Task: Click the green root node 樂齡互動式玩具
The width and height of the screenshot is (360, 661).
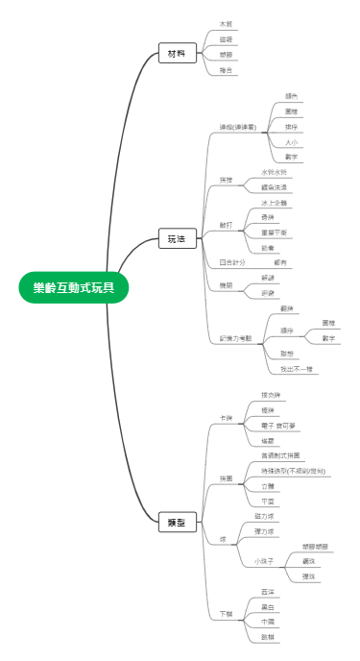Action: click(x=73, y=287)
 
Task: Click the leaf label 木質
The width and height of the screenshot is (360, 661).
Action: click(x=226, y=23)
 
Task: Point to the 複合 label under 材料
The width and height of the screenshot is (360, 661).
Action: click(x=226, y=70)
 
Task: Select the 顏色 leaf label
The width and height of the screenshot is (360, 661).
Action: click(x=291, y=96)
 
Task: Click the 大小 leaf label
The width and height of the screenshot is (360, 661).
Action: click(x=291, y=141)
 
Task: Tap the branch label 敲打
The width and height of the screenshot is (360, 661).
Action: click(x=226, y=224)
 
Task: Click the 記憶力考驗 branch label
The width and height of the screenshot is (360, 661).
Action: click(x=235, y=337)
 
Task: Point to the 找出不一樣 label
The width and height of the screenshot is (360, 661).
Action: click(x=297, y=369)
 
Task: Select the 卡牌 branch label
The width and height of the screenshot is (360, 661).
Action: click(x=226, y=417)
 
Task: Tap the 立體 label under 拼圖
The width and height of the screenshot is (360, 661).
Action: click(x=268, y=486)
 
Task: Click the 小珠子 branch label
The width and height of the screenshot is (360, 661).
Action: click(x=264, y=560)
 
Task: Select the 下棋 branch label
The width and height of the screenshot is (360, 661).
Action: click(x=226, y=613)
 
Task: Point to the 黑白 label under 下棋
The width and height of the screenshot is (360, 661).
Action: click(x=268, y=606)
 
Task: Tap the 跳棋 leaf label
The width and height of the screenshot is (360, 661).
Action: click(x=268, y=637)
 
